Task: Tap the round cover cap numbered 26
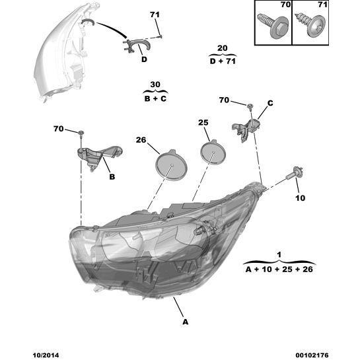click(171, 164)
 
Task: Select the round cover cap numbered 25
click(213, 152)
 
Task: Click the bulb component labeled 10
click(295, 174)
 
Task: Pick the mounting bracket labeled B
click(99, 156)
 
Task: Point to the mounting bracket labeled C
click(247, 129)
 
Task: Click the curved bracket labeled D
click(136, 46)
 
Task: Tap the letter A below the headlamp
click(185, 322)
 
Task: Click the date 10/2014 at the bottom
click(46, 355)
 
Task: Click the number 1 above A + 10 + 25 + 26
click(279, 254)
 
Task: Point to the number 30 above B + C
click(155, 85)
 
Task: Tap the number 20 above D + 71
click(222, 48)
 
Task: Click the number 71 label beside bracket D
click(155, 15)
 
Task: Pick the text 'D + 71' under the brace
click(223, 61)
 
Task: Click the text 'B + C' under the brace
click(155, 98)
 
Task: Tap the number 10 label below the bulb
click(300, 198)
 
